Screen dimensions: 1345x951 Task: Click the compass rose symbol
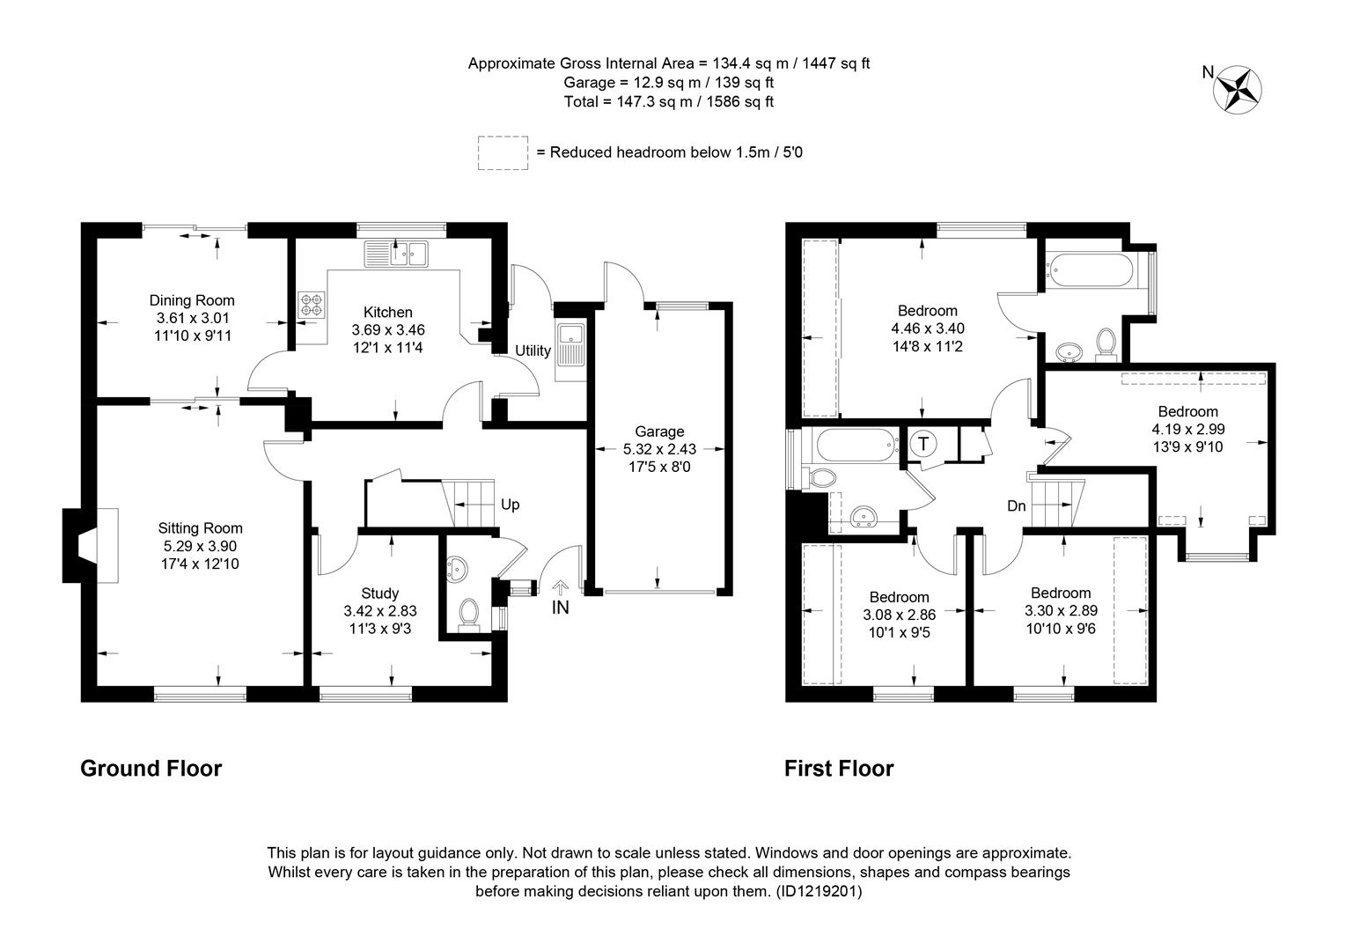[x=1237, y=90]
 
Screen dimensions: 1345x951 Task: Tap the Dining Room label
[x=192, y=300]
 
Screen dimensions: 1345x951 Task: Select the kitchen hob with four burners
[x=312, y=304]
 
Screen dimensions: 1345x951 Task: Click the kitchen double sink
[x=396, y=254]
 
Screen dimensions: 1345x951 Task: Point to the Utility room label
[x=533, y=350]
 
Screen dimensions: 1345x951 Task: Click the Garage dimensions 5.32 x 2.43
[x=659, y=449]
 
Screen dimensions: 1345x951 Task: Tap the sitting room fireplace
[x=90, y=545]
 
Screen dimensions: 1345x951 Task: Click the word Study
[x=379, y=593]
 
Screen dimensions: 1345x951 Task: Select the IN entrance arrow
[x=560, y=587]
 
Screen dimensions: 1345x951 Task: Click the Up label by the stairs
[x=510, y=505]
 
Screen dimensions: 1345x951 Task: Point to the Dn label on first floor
[x=1016, y=506]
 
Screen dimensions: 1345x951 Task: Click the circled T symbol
[x=923, y=444]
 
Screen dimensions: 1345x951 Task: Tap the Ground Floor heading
[x=151, y=769]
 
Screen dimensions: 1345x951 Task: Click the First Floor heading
[x=839, y=769]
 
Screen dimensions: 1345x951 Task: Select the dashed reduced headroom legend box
[x=503, y=152]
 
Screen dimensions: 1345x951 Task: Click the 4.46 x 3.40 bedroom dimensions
[x=928, y=328]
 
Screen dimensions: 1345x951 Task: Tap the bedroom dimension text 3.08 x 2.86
[x=899, y=615]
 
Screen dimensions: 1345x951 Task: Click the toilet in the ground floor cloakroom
[x=468, y=616]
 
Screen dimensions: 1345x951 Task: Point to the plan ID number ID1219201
[x=819, y=891]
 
